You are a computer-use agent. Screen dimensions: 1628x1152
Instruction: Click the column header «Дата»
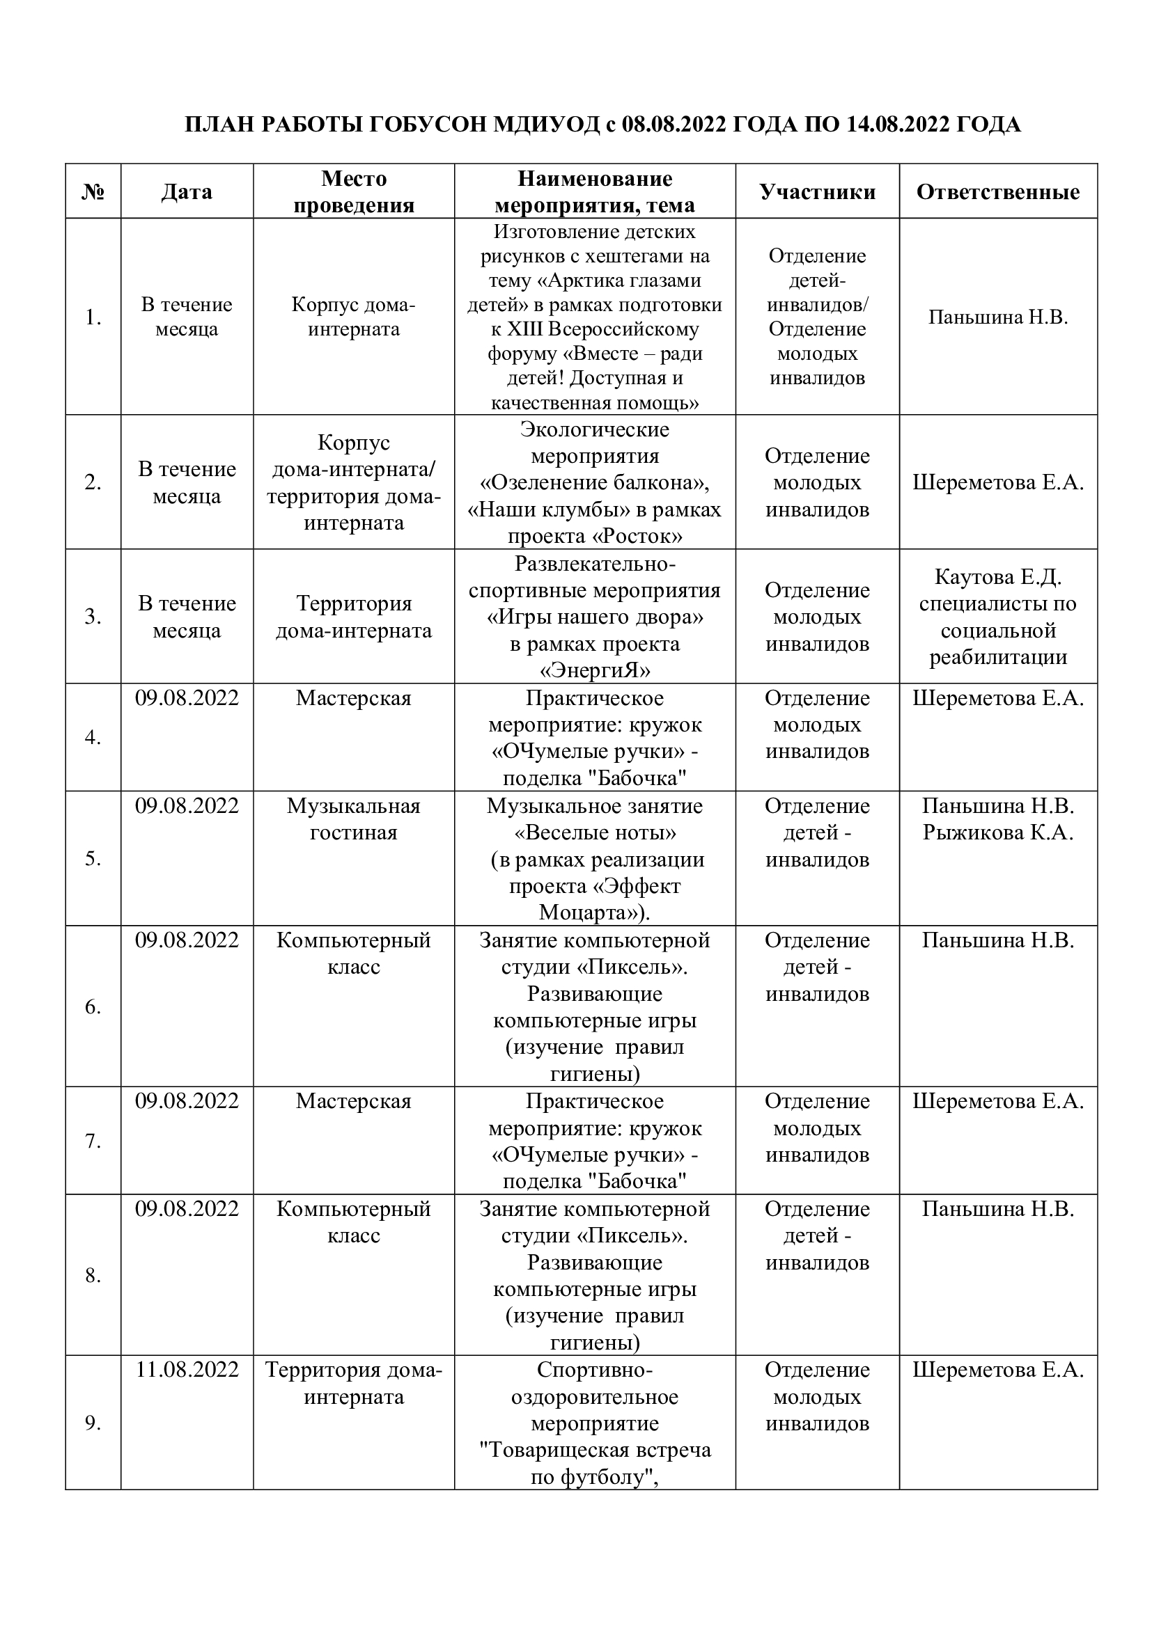pos(187,191)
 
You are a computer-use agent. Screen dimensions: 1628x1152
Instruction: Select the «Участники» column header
pos(817,191)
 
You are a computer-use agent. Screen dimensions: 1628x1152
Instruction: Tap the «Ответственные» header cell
pos(998,191)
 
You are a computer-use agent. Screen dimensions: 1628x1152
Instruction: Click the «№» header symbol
pos(93,192)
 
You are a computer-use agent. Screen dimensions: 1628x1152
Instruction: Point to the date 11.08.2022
pos(187,1369)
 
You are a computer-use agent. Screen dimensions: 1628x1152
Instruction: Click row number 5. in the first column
pos(93,859)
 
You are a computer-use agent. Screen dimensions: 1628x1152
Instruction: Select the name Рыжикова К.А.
pos(998,832)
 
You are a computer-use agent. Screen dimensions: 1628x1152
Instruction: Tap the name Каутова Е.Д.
pos(998,577)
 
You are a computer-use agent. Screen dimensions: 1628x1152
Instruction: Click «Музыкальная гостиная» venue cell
pos(353,819)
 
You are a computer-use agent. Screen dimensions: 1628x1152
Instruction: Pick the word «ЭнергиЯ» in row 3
pos(595,670)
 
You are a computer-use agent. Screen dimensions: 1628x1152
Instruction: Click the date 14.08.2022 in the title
pos(898,125)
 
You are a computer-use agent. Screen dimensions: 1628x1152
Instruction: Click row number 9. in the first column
pos(93,1423)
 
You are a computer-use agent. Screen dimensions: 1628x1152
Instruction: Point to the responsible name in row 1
pos(998,317)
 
